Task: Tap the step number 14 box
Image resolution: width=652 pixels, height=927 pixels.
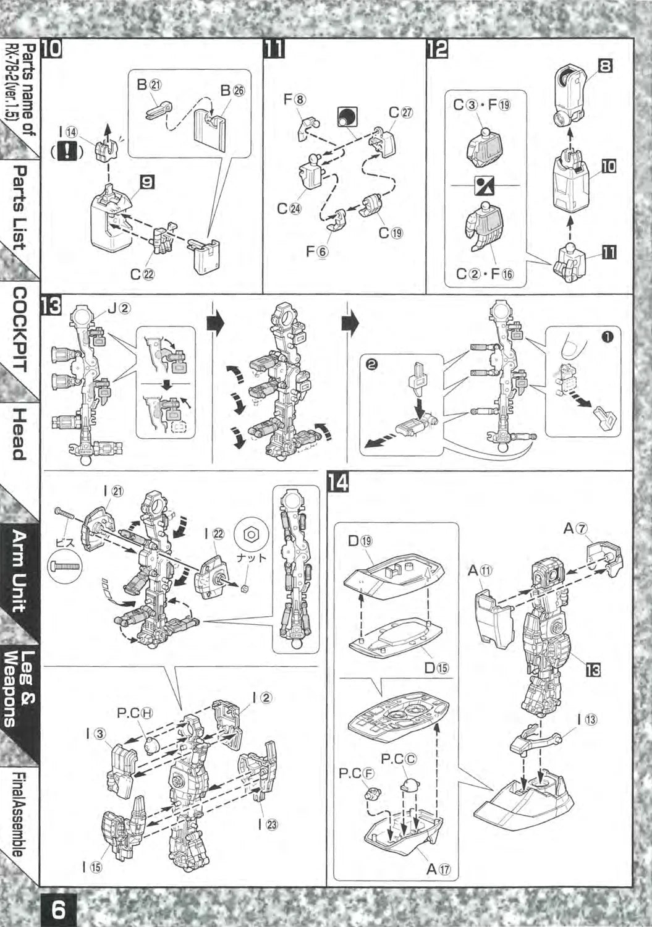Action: tap(338, 483)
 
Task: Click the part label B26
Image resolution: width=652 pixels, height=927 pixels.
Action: tap(232, 91)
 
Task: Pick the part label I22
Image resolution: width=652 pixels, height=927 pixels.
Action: tap(215, 534)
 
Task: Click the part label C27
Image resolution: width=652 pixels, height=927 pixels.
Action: tap(401, 113)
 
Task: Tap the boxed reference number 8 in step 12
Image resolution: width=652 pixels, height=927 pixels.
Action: tap(605, 66)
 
